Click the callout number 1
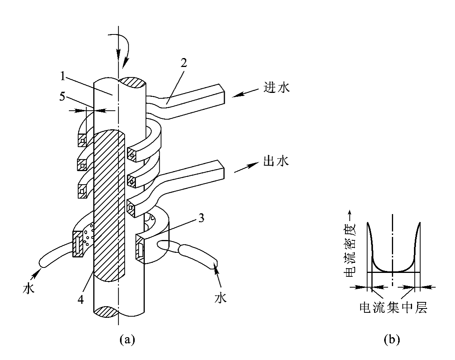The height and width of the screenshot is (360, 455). click(x=62, y=76)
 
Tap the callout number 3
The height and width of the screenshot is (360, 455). click(x=201, y=218)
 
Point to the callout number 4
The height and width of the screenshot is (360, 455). click(x=81, y=299)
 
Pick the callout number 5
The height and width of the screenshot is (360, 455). click(x=62, y=97)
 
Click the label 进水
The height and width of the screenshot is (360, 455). click(x=277, y=87)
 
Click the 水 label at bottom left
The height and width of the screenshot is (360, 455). click(x=29, y=289)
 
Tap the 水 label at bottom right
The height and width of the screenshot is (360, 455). click(x=220, y=298)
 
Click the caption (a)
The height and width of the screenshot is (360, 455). click(x=127, y=339)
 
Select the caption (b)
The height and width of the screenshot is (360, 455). click(x=392, y=339)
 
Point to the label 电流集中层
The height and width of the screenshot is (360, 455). click(x=393, y=307)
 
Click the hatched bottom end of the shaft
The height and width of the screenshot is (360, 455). click(x=106, y=312)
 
